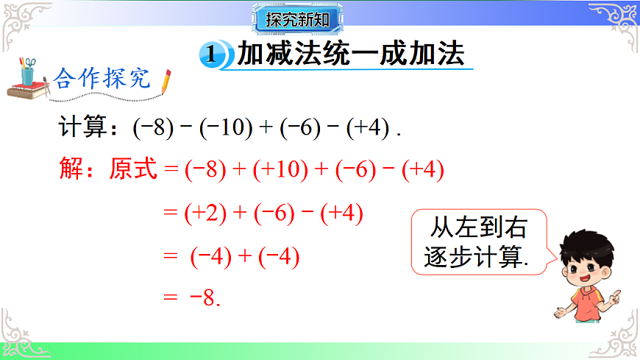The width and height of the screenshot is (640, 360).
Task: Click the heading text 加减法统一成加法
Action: coord(352,54)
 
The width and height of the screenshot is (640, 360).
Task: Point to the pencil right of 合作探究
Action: coord(166,81)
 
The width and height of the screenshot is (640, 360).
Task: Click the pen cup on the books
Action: coord(29,71)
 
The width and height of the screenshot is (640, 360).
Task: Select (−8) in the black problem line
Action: coord(152,128)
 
